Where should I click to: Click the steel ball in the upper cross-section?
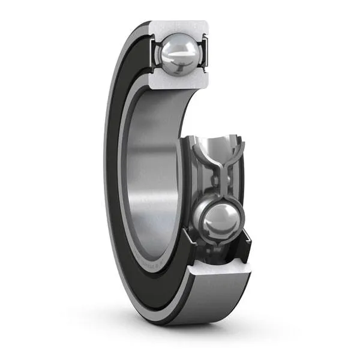(x=178, y=53)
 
